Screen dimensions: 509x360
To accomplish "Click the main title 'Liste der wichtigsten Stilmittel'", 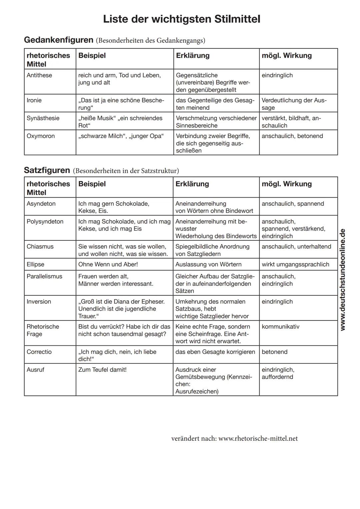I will coord(182,19).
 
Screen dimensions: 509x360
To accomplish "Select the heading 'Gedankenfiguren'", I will coord(59,40).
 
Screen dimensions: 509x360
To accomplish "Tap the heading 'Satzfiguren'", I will coord(47,170).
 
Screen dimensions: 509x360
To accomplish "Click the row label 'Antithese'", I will coord(39,75).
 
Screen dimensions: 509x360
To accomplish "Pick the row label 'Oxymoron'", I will coord(41,136).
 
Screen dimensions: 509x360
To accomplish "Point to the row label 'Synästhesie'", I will coord(43,118).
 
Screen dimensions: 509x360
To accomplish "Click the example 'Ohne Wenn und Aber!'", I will coord(108,264).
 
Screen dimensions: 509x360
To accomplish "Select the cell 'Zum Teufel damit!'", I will coord(102,370).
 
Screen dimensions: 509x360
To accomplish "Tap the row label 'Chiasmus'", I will coord(40,247).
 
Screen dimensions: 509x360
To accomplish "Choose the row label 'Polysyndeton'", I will coord(45,222).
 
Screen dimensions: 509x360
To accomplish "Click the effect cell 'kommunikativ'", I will coord(280,327).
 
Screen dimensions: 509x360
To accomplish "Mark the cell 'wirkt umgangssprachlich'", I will coord(295,264).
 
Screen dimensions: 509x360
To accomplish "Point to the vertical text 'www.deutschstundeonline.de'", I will coord(342,279).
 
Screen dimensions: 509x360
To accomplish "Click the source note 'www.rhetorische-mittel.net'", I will coord(258,438).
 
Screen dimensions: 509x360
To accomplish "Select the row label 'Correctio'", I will coord(39,352).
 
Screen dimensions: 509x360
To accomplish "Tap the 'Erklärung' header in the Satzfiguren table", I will coord(192,184).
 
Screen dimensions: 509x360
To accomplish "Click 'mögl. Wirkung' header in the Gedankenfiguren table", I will coord(287,56).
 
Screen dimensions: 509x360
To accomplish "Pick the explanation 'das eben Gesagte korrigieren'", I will coord(215,352).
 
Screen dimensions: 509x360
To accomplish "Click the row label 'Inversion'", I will coord(39,302).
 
